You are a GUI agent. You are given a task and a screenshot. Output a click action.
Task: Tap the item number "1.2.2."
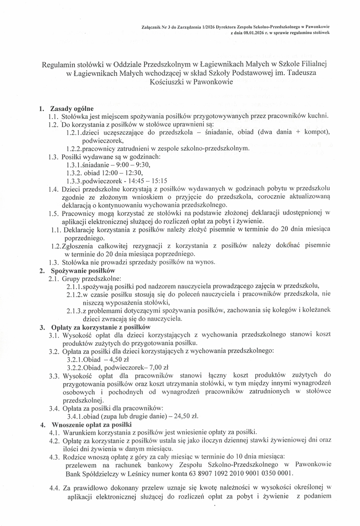pos(75,148)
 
